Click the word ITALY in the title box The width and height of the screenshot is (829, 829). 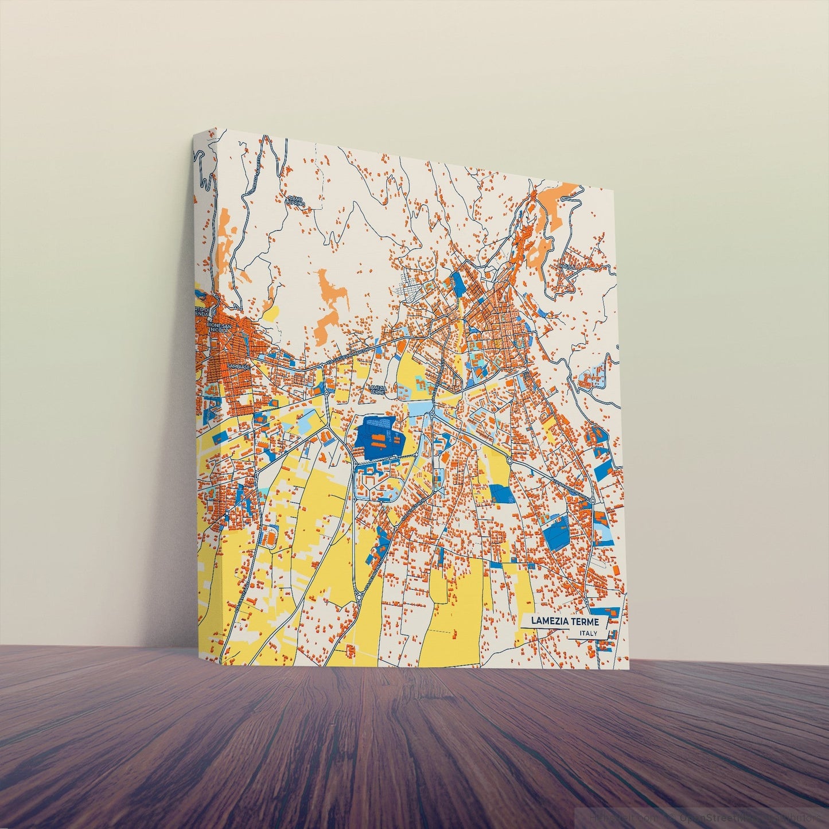pos(588,633)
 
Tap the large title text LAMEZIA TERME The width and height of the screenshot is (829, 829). pos(565,621)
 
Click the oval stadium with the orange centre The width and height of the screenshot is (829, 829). pos(270,536)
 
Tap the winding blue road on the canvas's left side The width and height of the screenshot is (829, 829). pos(203,172)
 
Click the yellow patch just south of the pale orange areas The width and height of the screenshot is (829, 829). pos(272,313)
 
